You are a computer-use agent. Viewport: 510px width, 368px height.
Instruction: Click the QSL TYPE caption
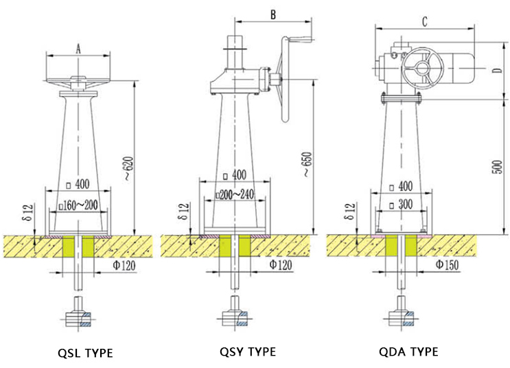click(x=84, y=353)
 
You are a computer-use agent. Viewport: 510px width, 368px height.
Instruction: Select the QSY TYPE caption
click(x=248, y=352)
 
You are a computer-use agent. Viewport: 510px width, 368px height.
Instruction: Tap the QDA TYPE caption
click(x=408, y=352)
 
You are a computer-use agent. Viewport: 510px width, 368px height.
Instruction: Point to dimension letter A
click(x=78, y=48)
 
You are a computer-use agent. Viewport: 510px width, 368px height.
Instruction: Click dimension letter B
click(x=273, y=14)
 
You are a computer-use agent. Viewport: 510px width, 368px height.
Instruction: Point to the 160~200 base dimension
click(x=78, y=205)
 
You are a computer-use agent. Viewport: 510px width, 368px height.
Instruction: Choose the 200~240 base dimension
click(x=235, y=194)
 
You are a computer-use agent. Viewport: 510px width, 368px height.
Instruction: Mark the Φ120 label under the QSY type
click(x=282, y=264)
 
